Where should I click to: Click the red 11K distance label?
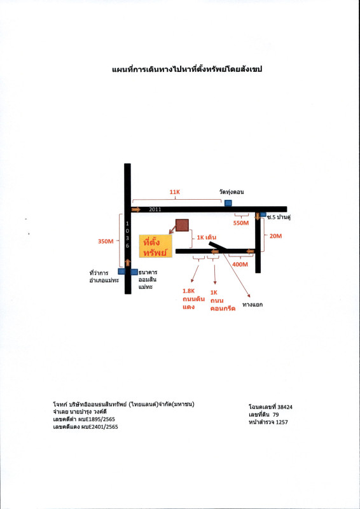(175, 192)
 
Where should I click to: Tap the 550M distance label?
(241, 223)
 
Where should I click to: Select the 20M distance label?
(275, 236)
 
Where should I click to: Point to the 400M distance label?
(240, 264)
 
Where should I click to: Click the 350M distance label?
(106, 241)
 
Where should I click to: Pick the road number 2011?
(155, 209)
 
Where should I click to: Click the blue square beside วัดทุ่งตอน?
(228, 203)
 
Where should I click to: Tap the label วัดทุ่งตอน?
(232, 192)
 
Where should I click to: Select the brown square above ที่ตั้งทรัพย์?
(182, 225)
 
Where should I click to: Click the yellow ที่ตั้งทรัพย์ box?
(155, 246)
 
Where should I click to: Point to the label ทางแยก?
(253, 305)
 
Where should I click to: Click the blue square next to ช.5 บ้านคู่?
(263, 214)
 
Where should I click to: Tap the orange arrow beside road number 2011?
(136, 209)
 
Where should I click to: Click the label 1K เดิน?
(207, 237)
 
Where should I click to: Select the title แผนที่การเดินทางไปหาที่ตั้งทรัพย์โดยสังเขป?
(187, 69)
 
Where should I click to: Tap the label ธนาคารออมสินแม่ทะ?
(148, 279)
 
